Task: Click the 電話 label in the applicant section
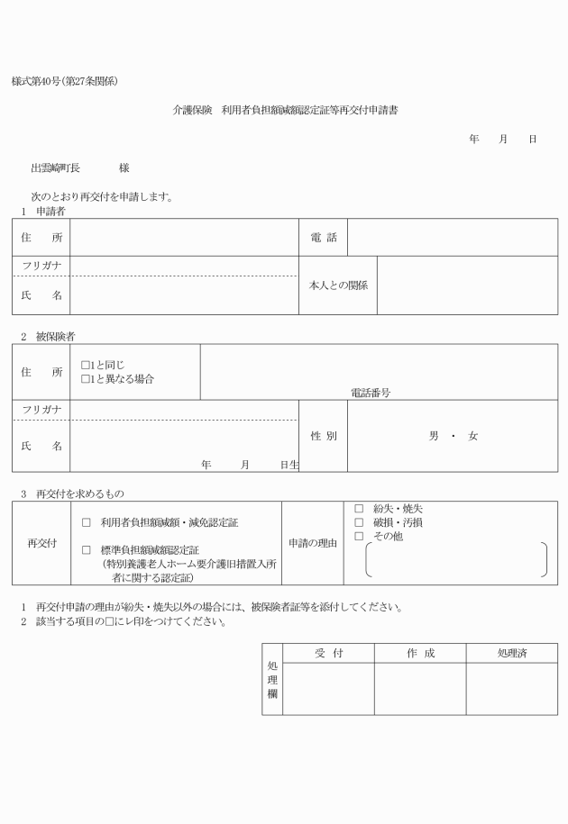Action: click(323, 238)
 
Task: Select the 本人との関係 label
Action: click(338, 285)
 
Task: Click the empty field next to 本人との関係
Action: click(466, 285)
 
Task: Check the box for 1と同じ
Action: click(85, 366)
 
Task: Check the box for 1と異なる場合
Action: click(85, 379)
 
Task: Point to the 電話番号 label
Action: click(371, 393)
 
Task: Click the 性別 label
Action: click(323, 436)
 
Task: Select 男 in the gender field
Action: click(434, 436)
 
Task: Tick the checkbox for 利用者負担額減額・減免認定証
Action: click(87, 522)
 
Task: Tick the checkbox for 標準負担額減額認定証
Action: click(87, 550)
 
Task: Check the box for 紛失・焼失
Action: click(359, 509)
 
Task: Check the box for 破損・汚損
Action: click(359, 522)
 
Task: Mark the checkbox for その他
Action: click(359, 536)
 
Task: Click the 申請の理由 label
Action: click(312, 543)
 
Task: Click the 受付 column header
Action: click(328, 653)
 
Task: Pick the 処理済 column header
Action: click(511, 653)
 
